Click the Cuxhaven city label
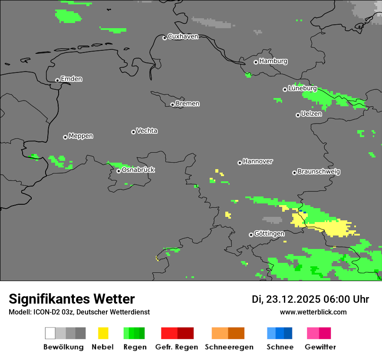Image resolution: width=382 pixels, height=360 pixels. [x=183, y=36]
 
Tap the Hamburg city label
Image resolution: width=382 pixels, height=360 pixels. [x=273, y=61]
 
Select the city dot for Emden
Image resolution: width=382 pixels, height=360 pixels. [x=57, y=80]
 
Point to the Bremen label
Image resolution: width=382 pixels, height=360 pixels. [x=188, y=104]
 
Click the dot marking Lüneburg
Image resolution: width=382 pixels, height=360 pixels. [x=285, y=89]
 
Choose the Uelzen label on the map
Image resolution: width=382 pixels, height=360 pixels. [x=311, y=114]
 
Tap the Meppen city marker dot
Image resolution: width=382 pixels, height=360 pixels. [x=65, y=137]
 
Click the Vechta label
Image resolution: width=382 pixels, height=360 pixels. [x=147, y=131]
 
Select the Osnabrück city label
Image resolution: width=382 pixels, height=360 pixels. [x=138, y=170]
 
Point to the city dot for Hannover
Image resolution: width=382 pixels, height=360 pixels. [x=240, y=163]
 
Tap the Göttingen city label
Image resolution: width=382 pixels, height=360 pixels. [x=269, y=233]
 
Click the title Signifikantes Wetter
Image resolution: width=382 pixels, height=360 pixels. [x=72, y=299]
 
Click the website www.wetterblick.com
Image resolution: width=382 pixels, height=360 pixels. [x=313, y=312]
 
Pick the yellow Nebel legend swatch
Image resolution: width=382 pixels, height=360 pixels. [x=103, y=333]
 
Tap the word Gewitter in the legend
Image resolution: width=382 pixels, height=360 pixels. [x=320, y=347]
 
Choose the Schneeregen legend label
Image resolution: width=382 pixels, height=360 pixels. [x=229, y=347]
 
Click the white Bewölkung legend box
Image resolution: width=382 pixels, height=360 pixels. [x=50, y=333]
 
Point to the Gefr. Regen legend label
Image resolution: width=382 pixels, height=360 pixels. [x=176, y=347]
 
